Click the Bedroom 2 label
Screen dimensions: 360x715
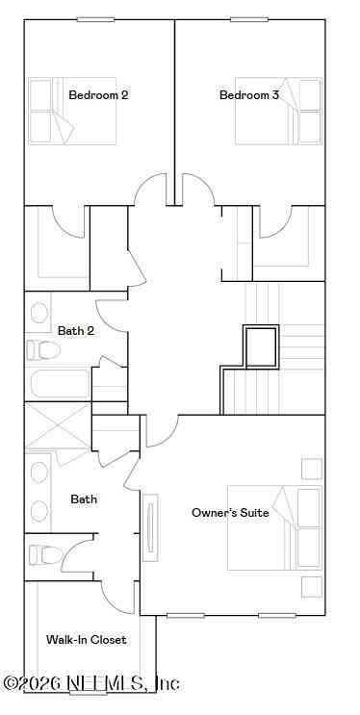(x=98, y=95)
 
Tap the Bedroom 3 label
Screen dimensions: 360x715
(x=249, y=95)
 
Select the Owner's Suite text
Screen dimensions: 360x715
(x=230, y=513)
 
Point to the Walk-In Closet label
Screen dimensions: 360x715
(x=87, y=640)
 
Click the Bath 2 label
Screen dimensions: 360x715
(x=76, y=331)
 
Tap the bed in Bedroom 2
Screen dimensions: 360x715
(x=72, y=111)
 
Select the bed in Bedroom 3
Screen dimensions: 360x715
(x=278, y=111)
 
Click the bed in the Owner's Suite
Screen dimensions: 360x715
(x=274, y=527)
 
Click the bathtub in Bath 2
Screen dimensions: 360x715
(x=61, y=384)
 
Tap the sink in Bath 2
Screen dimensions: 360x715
(x=39, y=313)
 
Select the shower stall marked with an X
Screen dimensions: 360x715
(x=58, y=425)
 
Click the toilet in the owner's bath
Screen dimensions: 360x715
(x=45, y=555)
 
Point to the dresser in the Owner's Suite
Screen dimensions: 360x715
(x=150, y=527)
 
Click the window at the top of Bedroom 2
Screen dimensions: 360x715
(x=95, y=19)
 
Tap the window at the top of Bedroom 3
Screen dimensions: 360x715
(x=249, y=19)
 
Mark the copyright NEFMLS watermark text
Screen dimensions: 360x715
(x=91, y=683)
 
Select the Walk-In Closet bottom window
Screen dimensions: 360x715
(x=88, y=693)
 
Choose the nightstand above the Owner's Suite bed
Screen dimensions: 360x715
(x=312, y=469)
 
